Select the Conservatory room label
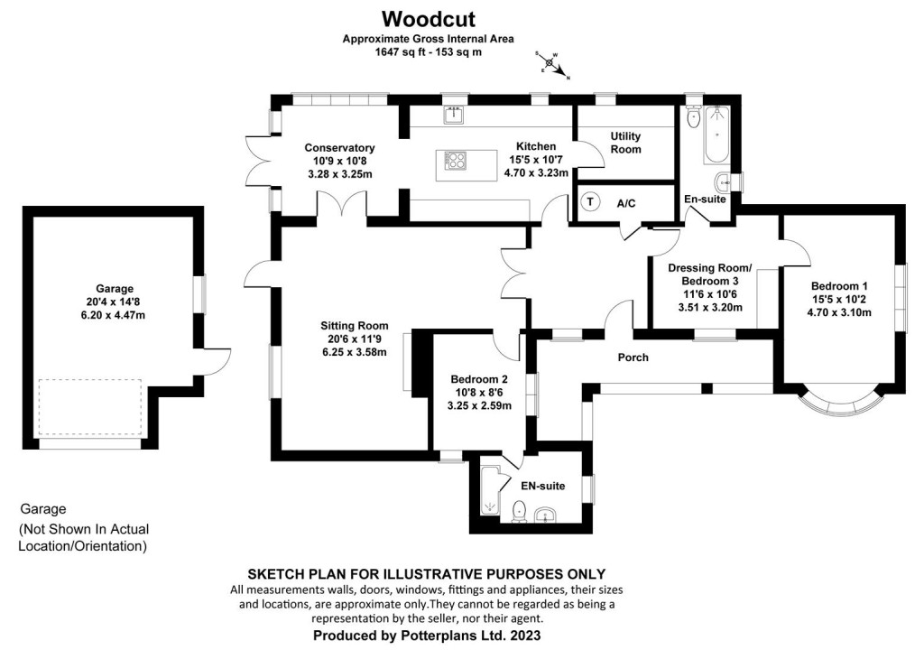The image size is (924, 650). [x=339, y=148]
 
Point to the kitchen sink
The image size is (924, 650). [x=453, y=115]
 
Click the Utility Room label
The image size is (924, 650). [x=625, y=143]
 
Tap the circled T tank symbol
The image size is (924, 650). [x=590, y=202]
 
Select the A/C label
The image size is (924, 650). [x=626, y=203]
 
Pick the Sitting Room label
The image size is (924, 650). [x=354, y=326]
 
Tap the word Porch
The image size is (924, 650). [x=633, y=357]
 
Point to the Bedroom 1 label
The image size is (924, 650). [x=840, y=285]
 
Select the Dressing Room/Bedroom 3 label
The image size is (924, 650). [x=709, y=274]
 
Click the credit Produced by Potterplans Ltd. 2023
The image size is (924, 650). [x=426, y=636]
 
